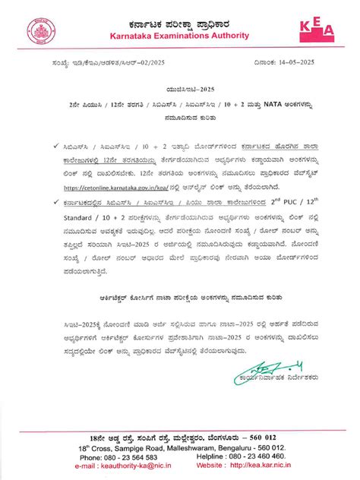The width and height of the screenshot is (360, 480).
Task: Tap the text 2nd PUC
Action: click(x=291, y=201)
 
